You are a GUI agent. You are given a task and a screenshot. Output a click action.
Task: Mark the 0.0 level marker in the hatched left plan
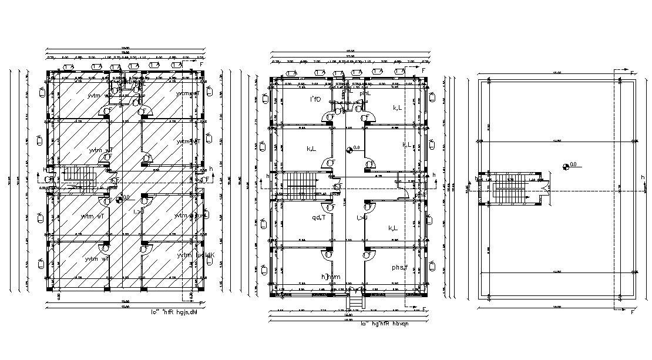coord(120,199)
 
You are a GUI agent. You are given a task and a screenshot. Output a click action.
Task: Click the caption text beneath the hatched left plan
coord(183,312)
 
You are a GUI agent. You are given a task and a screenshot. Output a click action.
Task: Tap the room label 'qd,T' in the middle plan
coord(320,218)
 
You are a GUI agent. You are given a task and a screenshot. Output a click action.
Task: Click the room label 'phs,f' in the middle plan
coord(403,268)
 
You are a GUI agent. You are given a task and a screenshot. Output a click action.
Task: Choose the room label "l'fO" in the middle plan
coord(315,99)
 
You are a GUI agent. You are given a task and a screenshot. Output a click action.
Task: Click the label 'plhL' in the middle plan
coord(365,93)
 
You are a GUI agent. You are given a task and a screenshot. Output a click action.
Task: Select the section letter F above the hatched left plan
coord(201,63)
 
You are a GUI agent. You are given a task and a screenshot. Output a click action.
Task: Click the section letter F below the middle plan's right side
coord(424,309)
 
